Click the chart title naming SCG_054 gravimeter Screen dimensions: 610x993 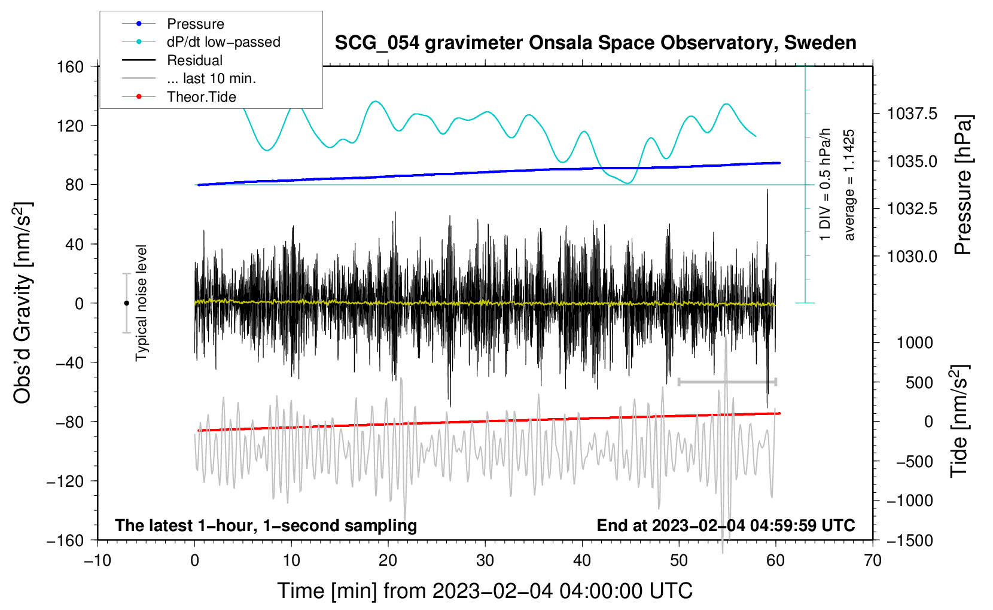click(x=595, y=43)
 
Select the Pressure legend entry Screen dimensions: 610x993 click(x=195, y=24)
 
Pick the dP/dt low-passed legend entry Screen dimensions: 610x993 click(x=223, y=42)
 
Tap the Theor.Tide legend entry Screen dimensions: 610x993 click(x=201, y=97)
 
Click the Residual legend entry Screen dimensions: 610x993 click(x=194, y=60)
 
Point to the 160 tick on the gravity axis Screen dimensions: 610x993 click(x=71, y=66)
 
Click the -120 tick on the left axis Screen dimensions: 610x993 click(x=65, y=481)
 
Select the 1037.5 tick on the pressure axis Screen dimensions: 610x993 click(x=912, y=114)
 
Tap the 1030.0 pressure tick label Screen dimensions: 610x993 click(x=912, y=256)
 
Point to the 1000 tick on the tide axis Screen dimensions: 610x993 click(x=914, y=343)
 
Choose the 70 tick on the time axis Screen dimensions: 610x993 click(x=873, y=560)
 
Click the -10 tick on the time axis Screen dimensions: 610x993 click(x=98, y=560)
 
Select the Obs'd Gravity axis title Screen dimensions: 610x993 click(x=23, y=303)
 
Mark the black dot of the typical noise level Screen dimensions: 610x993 click(x=126, y=303)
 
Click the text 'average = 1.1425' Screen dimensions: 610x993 click(x=849, y=185)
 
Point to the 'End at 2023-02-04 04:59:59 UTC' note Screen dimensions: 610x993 click(x=726, y=526)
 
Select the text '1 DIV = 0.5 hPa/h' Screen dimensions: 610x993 click(x=826, y=185)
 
